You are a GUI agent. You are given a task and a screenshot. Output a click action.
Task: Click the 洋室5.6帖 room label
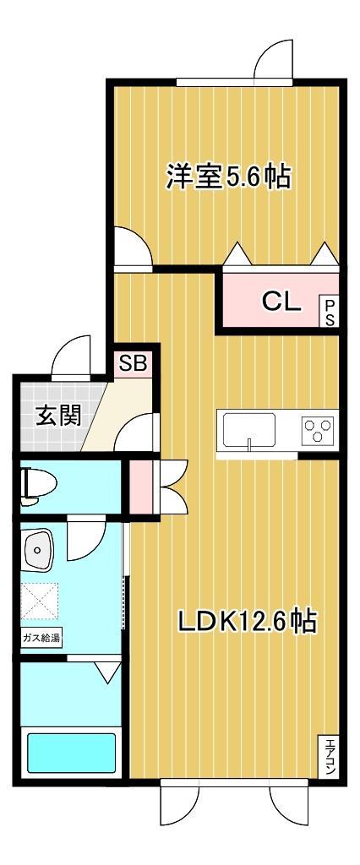pos(228,177)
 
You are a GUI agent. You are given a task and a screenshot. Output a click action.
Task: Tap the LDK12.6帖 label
pos(246,623)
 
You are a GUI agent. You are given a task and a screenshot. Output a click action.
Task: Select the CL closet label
pos(281,302)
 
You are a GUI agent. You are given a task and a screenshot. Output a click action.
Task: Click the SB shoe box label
pos(133,364)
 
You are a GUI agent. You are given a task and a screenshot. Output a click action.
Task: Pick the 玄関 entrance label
pos(58,416)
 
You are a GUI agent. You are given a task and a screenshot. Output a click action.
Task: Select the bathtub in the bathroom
pos(72,753)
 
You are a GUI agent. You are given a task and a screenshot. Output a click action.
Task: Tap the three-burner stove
pos(319,431)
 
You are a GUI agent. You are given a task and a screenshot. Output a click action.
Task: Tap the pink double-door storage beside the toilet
pos(140,487)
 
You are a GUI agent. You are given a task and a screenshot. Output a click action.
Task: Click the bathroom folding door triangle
pos(106,672)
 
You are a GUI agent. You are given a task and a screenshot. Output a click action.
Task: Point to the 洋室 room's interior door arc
pos(132,246)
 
